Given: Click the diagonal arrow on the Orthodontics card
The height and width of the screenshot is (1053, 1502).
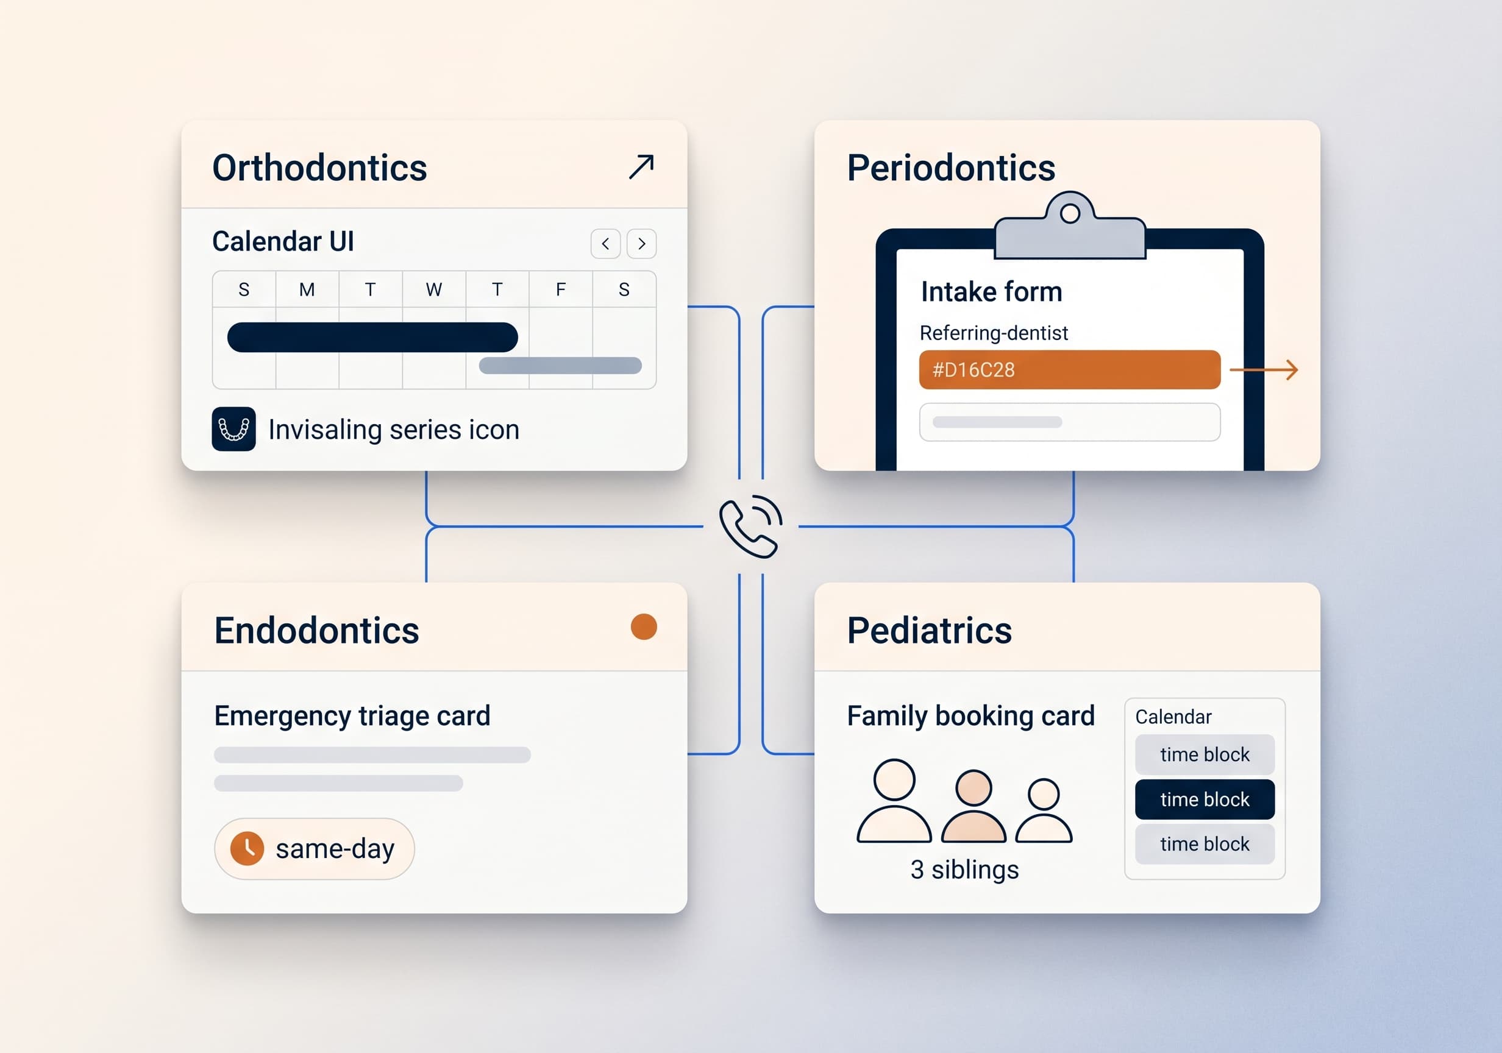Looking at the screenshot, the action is [x=641, y=166].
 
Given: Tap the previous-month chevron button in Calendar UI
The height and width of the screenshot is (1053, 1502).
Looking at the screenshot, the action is [x=605, y=244].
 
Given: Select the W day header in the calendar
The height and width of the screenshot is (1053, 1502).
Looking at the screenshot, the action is [x=434, y=289].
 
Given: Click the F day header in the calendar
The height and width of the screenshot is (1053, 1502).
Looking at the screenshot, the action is [x=561, y=289].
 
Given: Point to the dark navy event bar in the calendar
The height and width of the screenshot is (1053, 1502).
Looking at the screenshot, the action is [x=372, y=338].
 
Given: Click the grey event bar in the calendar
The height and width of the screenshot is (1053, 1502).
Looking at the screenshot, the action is [x=560, y=366].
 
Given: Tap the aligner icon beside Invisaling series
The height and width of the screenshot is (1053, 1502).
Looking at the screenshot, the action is [x=233, y=429].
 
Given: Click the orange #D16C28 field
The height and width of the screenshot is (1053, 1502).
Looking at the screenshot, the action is [x=1070, y=369].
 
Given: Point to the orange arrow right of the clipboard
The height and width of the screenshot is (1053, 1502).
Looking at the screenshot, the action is [x=1264, y=370].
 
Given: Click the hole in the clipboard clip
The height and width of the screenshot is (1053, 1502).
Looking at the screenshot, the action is [x=1070, y=213].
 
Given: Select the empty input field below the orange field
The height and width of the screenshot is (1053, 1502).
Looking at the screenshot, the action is [x=1070, y=422].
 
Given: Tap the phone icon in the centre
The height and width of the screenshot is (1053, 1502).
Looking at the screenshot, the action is [x=750, y=526].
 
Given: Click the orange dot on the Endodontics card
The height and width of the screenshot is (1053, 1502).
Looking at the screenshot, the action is [x=644, y=626].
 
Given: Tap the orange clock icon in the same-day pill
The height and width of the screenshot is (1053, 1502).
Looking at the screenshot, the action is [x=247, y=848].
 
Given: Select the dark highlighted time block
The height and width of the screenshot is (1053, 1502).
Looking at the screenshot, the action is [x=1205, y=799].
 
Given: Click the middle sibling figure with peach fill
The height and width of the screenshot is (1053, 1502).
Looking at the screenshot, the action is [x=973, y=806].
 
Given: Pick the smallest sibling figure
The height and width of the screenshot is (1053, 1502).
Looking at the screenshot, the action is [x=1044, y=810].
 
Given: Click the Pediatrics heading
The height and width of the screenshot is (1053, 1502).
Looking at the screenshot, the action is [x=929, y=631].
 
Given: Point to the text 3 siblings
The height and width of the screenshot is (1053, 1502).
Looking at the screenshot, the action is [x=964, y=870].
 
